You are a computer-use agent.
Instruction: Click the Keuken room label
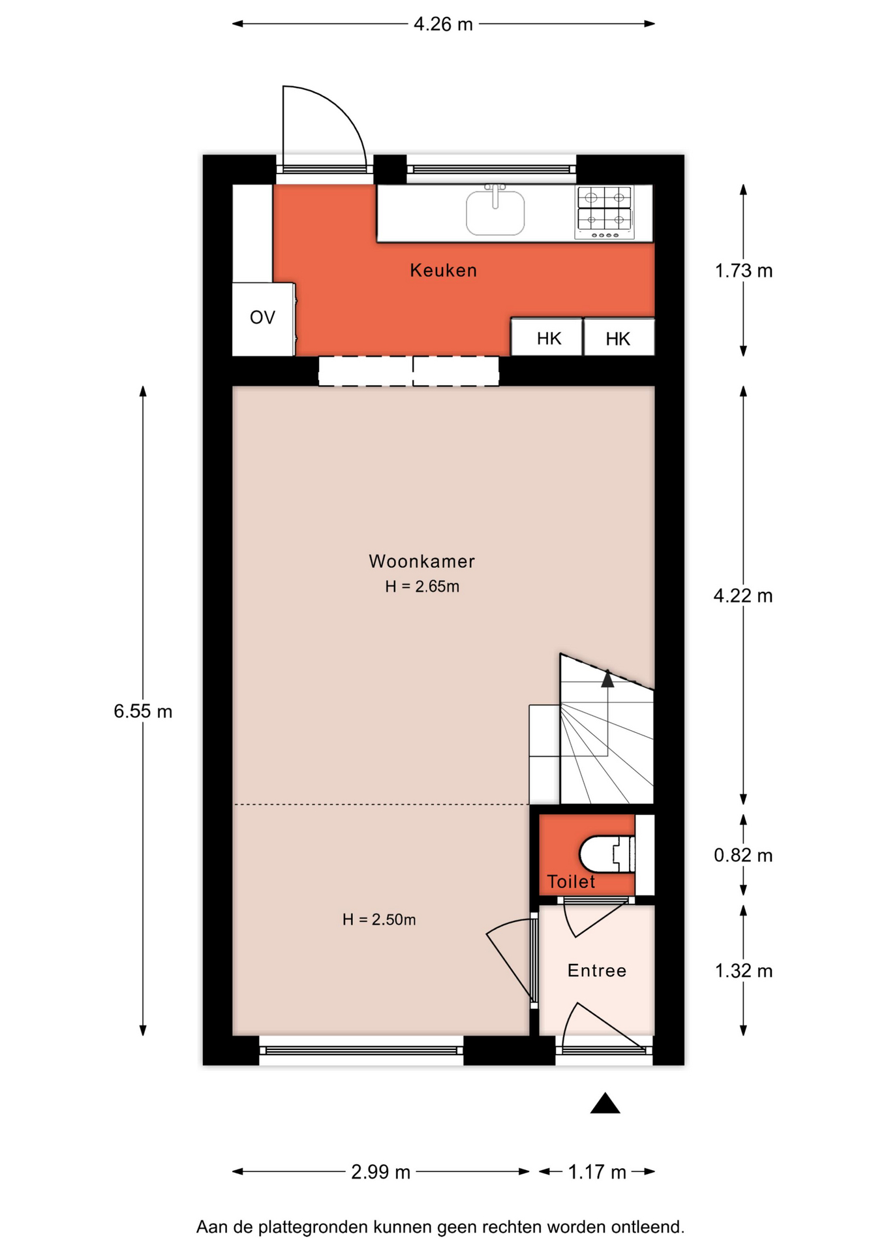(443, 270)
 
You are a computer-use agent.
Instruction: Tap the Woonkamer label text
(421, 561)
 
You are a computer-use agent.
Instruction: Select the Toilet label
(571, 882)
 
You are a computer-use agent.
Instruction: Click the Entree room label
(597, 970)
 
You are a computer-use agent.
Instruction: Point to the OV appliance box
(264, 319)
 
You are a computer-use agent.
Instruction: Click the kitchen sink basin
(495, 213)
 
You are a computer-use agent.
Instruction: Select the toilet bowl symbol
(607, 854)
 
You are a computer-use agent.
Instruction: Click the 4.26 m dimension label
(443, 24)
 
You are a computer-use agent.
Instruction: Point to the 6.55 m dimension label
(143, 711)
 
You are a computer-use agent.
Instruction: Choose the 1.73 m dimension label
(744, 271)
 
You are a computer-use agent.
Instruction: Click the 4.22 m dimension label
(743, 596)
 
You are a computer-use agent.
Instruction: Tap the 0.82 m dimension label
(743, 855)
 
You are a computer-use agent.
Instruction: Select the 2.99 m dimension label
(381, 1172)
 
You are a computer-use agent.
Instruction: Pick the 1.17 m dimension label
(597, 1172)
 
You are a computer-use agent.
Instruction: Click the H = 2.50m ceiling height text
(379, 920)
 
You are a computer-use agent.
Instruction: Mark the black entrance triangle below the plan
(605, 1103)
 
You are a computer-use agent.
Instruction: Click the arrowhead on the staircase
(607, 679)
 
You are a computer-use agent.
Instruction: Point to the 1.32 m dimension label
(744, 971)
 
